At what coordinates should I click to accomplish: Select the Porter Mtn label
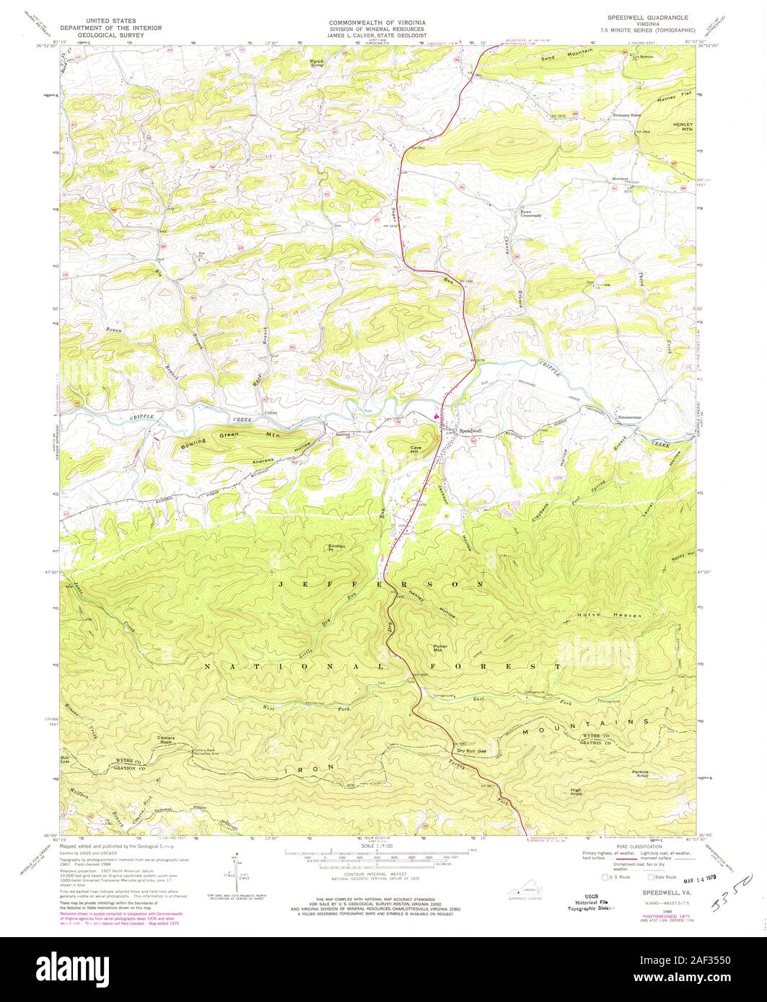pyautogui.click(x=441, y=647)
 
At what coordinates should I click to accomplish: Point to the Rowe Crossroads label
pyautogui.click(x=530, y=213)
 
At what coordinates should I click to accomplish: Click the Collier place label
pyautogui.click(x=271, y=412)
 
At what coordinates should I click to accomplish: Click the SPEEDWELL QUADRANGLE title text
pyautogui.click(x=646, y=17)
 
